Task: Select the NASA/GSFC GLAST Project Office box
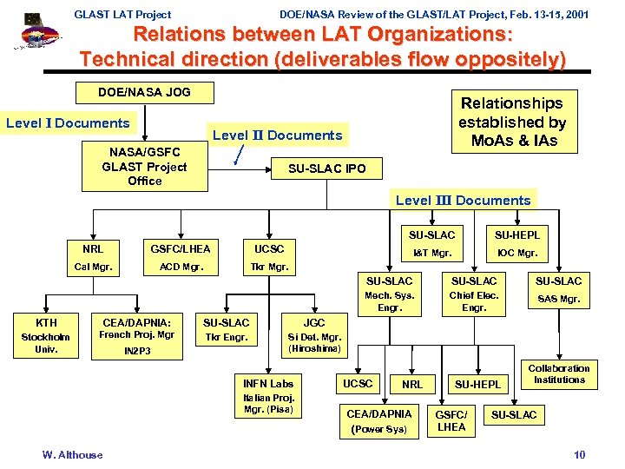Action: click(x=145, y=167)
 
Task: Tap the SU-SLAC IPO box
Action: click(x=326, y=168)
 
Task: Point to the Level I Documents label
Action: click(x=68, y=123)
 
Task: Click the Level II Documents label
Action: click(x=278, y=135)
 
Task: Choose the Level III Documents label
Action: click(x=463, y=200)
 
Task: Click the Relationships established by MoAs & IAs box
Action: click(x=512, y=122)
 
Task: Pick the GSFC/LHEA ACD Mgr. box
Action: click(x=181, y=257)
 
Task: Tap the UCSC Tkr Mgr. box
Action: click(x=269, y=257)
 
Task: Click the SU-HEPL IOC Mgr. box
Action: click(x=516, y=244)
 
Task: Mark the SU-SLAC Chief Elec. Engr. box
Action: click(x=474, y=294)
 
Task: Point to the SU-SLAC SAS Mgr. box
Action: click(x=559, y=290)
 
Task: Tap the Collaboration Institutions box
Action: click(x=559, y=374)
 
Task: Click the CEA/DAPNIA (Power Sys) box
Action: click(x=378, y=420)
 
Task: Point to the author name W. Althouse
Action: click(x=72, y=454)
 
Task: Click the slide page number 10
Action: click(x=580, y=454)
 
